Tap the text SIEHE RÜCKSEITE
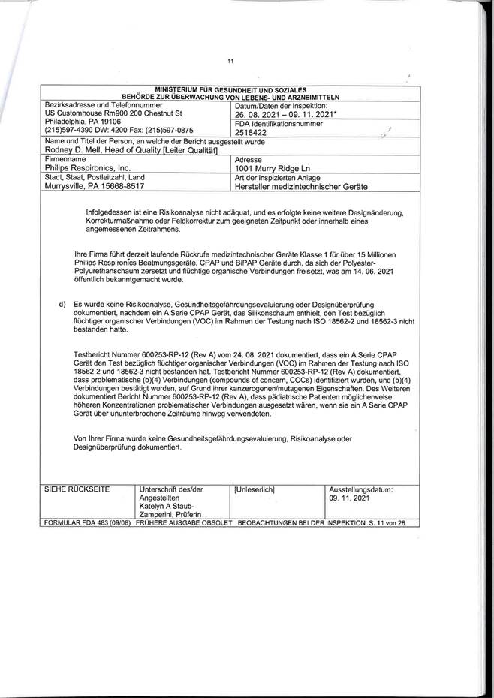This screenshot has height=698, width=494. [x=77, y=489]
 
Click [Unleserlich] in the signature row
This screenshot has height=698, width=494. [x=255, y=489]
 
